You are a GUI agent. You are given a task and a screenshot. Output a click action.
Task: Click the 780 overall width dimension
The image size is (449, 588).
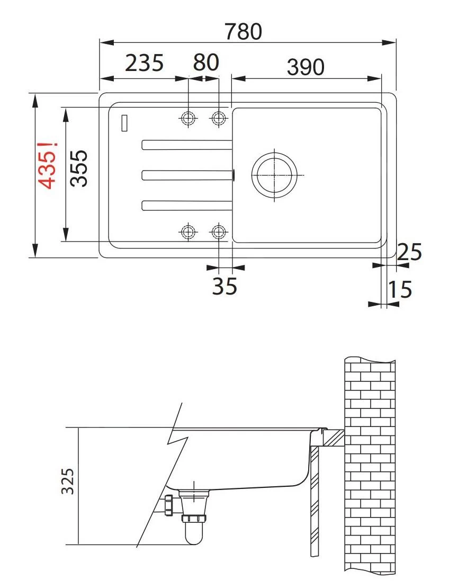tap(243, 31)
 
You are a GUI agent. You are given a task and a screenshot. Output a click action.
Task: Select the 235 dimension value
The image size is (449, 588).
tap(145, 63)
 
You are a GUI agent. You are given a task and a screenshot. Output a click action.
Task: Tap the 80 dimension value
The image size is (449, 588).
tap(206, 63)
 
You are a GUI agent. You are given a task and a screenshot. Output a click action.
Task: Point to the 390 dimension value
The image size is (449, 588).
tap(306, 67)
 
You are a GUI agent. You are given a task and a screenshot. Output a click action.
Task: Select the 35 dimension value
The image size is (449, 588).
tap(224, 287)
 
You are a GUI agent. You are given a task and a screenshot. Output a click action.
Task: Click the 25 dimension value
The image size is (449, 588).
tap(409, 253)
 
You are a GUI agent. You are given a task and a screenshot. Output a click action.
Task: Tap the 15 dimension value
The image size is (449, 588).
tap(400, 290)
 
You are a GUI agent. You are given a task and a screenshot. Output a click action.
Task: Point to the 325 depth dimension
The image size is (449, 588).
tap(67, 481)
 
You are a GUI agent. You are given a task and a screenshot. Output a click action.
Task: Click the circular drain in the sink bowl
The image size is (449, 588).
tap(274, 175)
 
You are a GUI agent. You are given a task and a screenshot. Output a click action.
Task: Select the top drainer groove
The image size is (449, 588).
tap(186, 144)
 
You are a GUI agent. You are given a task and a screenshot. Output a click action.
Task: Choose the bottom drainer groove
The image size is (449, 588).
tap(186, 205)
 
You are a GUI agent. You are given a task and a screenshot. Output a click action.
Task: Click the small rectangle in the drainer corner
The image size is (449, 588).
tap(125, 123)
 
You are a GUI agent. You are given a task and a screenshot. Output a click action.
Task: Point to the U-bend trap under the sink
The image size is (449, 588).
tap(194, 530)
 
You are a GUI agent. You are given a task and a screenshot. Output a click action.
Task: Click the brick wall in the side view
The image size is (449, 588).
tap(370, 466)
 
